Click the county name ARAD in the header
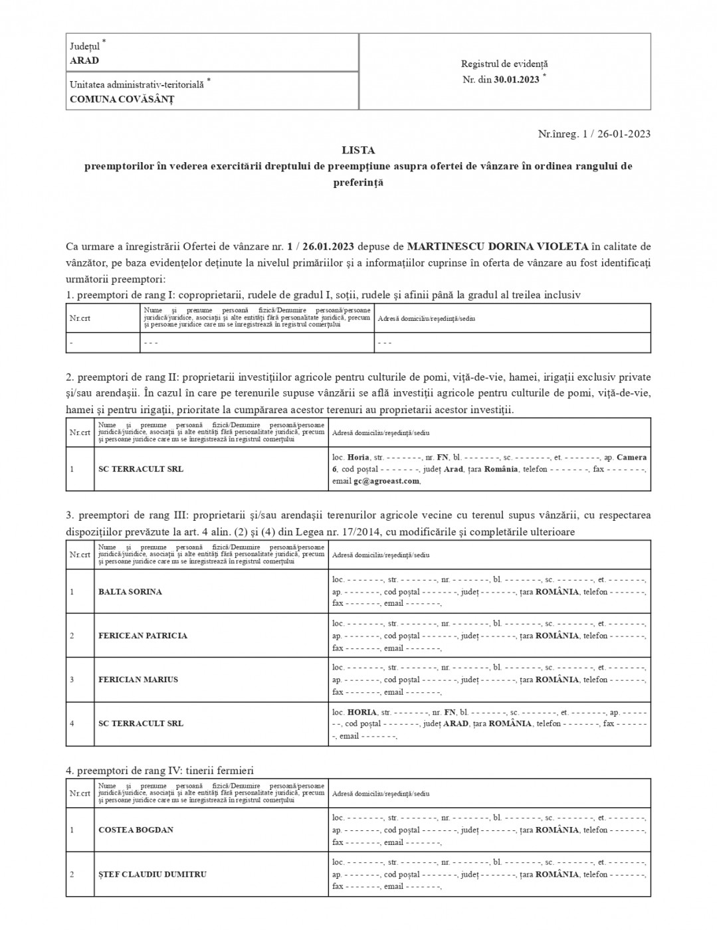(84, 60)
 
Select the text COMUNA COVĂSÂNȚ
(122, 99)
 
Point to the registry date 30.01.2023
(516, 79)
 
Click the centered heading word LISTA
(358, 150)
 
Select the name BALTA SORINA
(130, 592)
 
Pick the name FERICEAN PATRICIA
(143, 636)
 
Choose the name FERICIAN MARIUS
(138, 680)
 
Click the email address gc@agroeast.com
(386, 481)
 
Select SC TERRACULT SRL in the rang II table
(141, 469)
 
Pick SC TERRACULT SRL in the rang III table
(141, 723)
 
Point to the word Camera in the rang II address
(631, 457)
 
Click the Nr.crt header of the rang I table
(80, 318)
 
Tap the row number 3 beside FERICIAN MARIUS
(72, 680)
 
